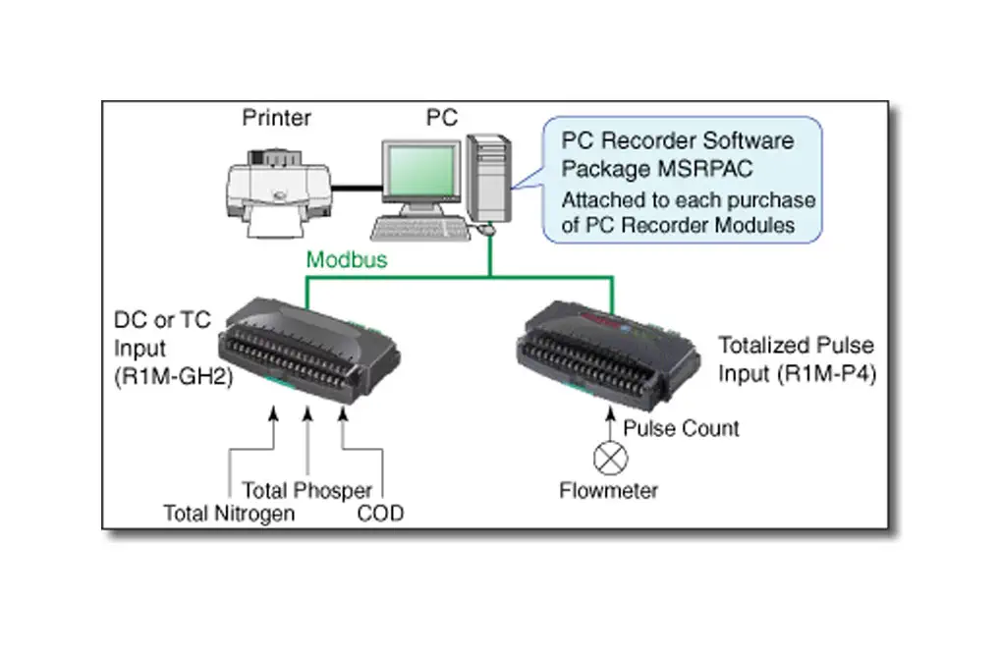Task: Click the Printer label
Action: (276, 119)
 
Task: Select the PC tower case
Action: (488, 178)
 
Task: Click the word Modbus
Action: (346, 260)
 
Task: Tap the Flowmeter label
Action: (609, 490)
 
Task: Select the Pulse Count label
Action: (682, 428)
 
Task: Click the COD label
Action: (379, 513)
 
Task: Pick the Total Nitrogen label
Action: (229, 513)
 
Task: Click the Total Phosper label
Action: (306, 490)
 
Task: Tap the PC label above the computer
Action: (441, 119)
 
